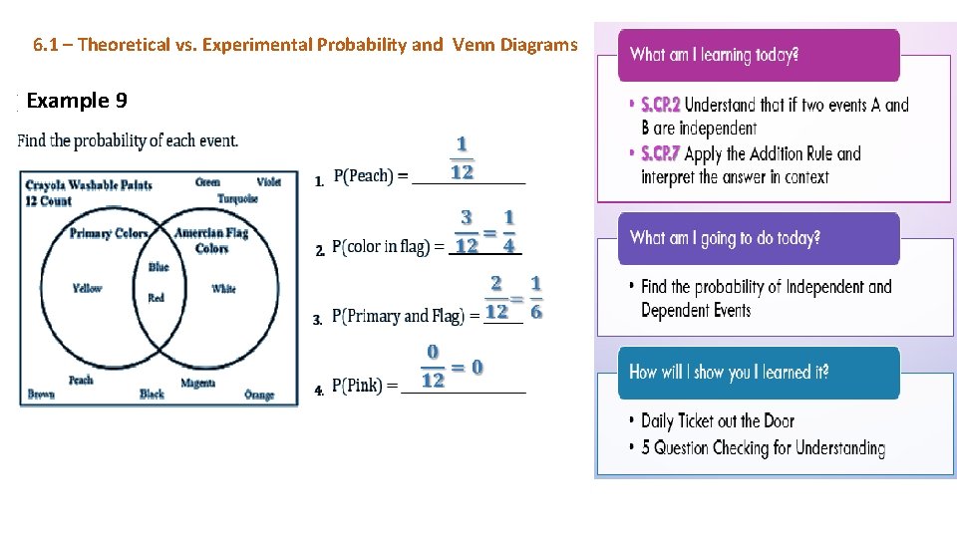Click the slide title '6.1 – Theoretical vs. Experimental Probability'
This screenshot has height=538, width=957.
point(304,45)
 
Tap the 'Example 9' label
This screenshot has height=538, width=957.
point(77,101)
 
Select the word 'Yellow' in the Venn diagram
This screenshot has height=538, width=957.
point(87,289)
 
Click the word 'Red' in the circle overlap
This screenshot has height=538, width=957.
point(156,298)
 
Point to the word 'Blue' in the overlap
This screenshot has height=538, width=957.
point(159,267)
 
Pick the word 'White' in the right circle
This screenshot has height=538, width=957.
point(223,289)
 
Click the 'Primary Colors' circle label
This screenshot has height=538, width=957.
point(108,234)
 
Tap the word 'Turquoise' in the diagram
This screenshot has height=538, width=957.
point(237,198)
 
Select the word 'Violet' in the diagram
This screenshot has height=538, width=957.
point(268,182)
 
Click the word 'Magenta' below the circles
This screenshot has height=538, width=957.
point(198,384)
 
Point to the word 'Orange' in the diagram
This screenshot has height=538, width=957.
point(259,396)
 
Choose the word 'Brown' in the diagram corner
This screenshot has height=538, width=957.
point(41,395)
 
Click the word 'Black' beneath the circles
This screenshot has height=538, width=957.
point(152,395)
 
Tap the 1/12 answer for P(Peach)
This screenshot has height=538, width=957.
point(462,158)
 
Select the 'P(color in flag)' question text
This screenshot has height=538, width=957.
point(388,247)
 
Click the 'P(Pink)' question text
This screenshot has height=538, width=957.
point(364,386)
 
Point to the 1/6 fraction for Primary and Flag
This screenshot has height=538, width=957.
point(536,298)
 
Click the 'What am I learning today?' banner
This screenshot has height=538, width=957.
point(758,55)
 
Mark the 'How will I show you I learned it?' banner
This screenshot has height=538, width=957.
point(758,373)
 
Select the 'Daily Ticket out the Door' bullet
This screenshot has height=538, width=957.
point(718,421)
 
